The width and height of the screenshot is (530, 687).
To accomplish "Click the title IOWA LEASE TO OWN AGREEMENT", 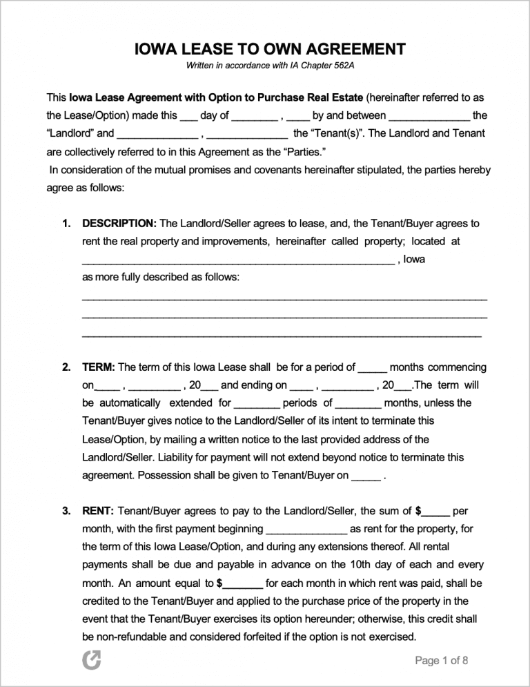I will tap(270, 49).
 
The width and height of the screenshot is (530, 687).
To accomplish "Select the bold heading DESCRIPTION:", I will tap(119, 224).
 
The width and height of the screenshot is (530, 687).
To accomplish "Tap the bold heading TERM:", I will tap(99, 367).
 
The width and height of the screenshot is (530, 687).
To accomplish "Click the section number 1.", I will tap(66, 224).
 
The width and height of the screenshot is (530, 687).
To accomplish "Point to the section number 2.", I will tap(66, 367).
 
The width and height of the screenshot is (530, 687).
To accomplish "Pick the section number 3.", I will tap(66, 511).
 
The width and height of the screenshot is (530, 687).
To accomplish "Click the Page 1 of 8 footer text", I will tap(442, 661).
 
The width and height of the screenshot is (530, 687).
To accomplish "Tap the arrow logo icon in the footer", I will tap(91, 661).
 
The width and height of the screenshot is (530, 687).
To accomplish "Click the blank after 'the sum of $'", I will tap(436, 512).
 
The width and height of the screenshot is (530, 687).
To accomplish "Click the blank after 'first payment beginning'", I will tap(306, 530).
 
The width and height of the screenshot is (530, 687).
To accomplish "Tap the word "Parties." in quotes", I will tap(303, 151).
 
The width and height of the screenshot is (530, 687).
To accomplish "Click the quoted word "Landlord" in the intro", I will tap(70, 133).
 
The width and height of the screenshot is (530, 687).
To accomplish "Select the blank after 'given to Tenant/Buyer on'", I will tap(366, 476).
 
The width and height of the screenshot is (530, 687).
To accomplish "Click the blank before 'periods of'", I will tap(257, 404).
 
